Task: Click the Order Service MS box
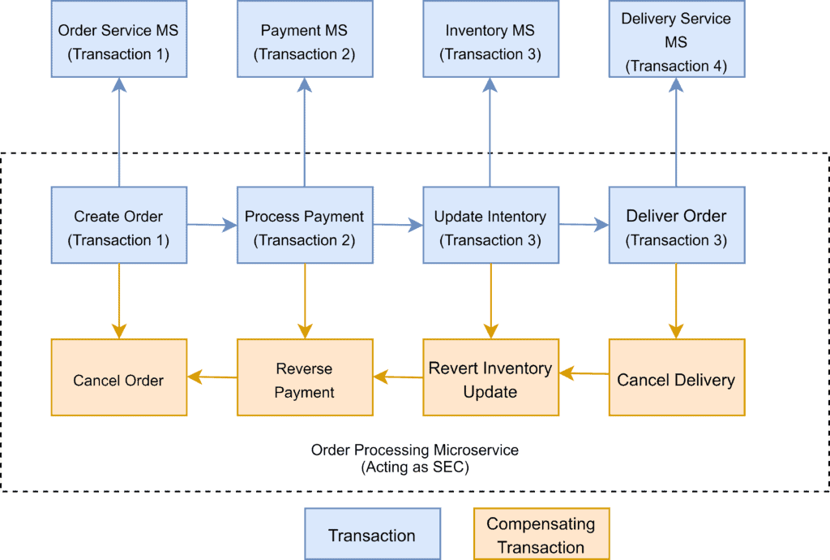tap(118, 41)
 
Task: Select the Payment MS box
tap(304, 41)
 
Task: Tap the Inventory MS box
tap(490, 41)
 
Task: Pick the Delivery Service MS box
tap(675, 41)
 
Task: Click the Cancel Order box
tap(118, 378)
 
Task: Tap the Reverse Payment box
tap(304, 378)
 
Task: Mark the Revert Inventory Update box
tap(490, 378)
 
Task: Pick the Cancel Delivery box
tap(675, 378)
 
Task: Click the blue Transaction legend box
tap(372, 534)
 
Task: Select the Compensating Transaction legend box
tap(541, 534)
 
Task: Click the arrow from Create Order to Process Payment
tap(212, 226)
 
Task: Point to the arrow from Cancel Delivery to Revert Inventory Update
tap(584, 373)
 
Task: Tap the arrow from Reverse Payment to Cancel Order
tap(212, 376)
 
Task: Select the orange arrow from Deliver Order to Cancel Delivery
tap(675, 300)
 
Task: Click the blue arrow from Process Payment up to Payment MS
tap(304, 134)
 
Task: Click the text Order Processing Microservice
tap(414, 449)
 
